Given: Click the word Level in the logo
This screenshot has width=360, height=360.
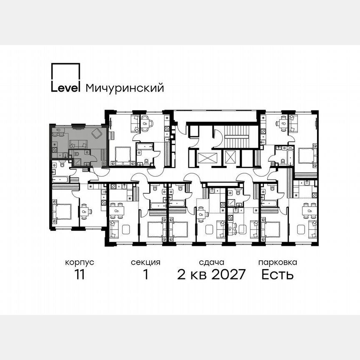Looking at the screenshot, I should (65, 87).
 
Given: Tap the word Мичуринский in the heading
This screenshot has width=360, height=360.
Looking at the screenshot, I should (124, 88).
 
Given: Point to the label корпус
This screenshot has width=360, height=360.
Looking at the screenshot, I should (79, 262).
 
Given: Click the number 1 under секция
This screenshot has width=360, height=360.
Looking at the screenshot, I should (145, 275).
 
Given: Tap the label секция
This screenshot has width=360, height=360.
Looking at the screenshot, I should (145, 262).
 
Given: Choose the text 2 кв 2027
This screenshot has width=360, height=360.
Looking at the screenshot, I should (212, 275).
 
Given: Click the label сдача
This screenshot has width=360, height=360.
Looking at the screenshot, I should (212, 262).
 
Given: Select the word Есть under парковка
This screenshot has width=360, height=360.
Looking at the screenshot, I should (277, 275).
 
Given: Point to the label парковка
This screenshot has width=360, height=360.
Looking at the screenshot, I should (277, 262).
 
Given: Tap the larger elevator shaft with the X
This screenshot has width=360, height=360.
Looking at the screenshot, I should (207, 158).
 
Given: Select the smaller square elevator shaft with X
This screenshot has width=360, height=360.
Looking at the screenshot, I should (230, 157).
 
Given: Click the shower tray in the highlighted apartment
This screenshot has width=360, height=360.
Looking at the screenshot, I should (87, 153).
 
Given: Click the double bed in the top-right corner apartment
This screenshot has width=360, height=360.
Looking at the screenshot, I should (307, 156).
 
